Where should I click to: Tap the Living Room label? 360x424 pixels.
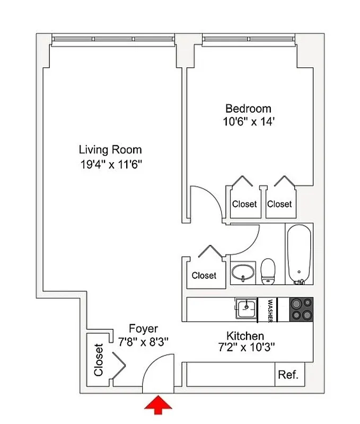coord(110,149)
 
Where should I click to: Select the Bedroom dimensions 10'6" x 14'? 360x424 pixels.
coord(248,121)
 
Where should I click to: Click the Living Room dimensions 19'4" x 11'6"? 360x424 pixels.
coord(110,164)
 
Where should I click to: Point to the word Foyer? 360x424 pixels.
coord(144,329)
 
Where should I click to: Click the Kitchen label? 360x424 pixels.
coord(245,336)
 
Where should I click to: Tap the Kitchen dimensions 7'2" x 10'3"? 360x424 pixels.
coord(245,348)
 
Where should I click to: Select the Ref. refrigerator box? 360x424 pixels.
coord(288,375)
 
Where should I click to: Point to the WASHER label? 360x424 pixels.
coord(270,310)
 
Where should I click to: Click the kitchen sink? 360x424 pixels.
coord(246,308)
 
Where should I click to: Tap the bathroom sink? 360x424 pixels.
coord(244,273)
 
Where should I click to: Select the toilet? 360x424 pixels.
coord(268,271)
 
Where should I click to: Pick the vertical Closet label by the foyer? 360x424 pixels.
coord(99,360)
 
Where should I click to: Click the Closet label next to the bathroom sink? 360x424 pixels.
coord(204,276)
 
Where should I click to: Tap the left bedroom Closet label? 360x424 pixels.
coord(244,204)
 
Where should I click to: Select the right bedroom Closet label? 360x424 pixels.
coord(279,204)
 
